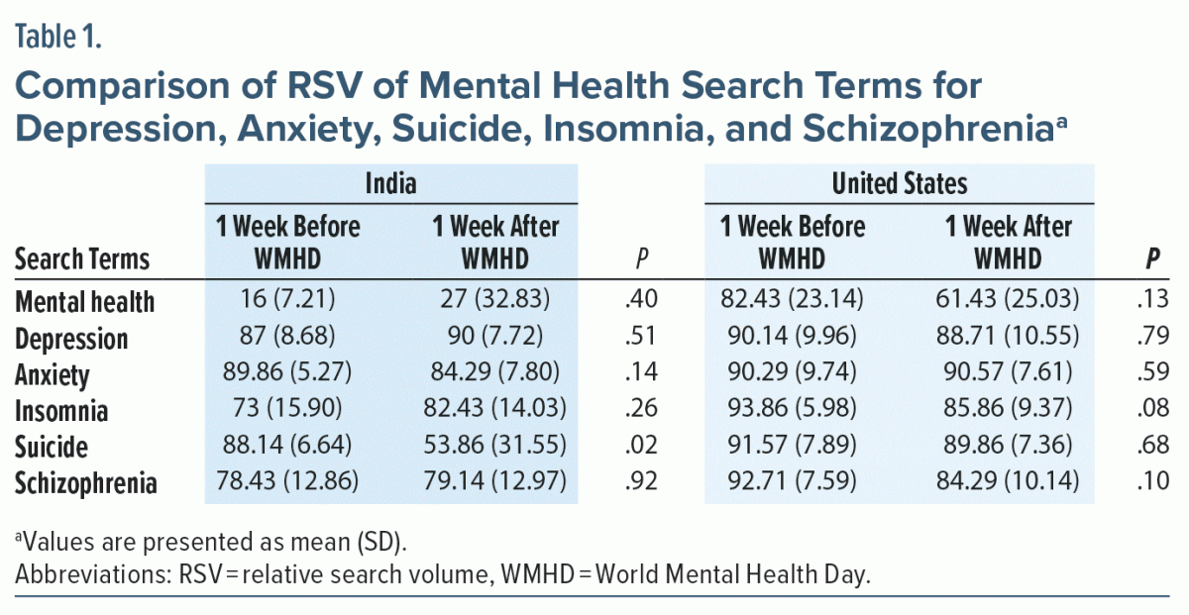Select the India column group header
click(x=390, y=184)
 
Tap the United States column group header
click(x=900, y=184)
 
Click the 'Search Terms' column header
click(x=82, y=259)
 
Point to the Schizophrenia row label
click(x=86, y=484)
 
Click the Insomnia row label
click(x=62, y=411)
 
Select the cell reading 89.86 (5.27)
click(x=286, y=374)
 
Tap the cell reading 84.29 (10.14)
click(x=1007, y=483)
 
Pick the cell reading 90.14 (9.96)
click(x=792, y=338)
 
